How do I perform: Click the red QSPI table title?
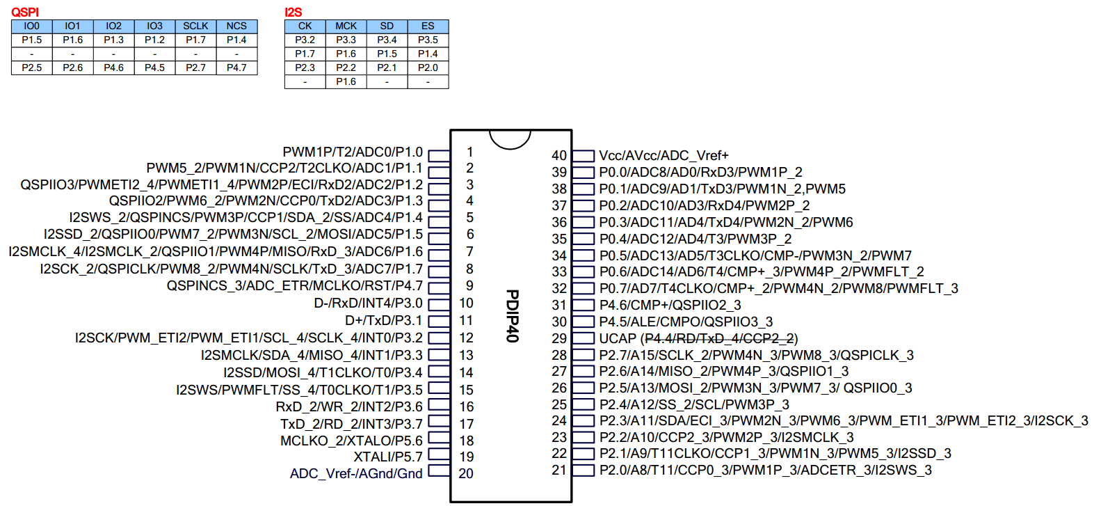click(25, 13)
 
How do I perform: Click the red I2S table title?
click(293, 13)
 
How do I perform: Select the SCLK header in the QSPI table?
click(195, 26)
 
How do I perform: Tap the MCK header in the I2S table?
click(346, 26)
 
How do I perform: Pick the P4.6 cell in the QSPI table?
click(113, 68)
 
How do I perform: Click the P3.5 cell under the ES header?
click(428, 40)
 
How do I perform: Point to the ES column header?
click(428, 26)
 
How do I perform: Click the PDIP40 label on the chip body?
click(512, 315)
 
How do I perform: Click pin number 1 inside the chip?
click(470, 152)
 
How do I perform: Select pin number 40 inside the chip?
click(559, 155)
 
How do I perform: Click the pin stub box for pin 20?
click(439, 471)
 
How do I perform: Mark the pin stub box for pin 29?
click(583, 338)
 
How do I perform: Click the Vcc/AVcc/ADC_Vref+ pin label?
click(663, 155)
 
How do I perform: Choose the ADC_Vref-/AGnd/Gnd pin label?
click(356, 473)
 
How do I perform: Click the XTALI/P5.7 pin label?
click(388, 457)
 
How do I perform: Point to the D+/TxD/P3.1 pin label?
click(383, 320)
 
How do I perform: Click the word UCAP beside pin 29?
click(618, 338)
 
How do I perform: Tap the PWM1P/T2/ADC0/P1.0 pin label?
click(353, 152)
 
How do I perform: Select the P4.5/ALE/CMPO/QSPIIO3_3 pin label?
click(686, 322)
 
